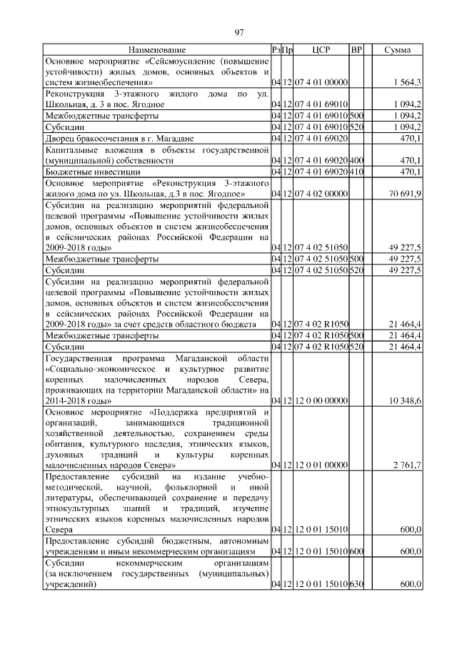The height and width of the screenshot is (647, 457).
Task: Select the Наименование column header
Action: tap(157, 50)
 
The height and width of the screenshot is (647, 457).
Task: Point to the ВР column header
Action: tap(357, 50)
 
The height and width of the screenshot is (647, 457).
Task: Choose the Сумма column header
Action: tap(397, 50)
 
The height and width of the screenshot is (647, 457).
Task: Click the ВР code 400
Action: tap(357, 161)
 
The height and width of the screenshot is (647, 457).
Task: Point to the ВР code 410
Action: tap(357, 172)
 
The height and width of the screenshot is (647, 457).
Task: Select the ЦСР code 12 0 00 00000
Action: tap(320, 400)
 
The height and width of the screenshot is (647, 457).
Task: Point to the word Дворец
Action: tap(61, 138)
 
